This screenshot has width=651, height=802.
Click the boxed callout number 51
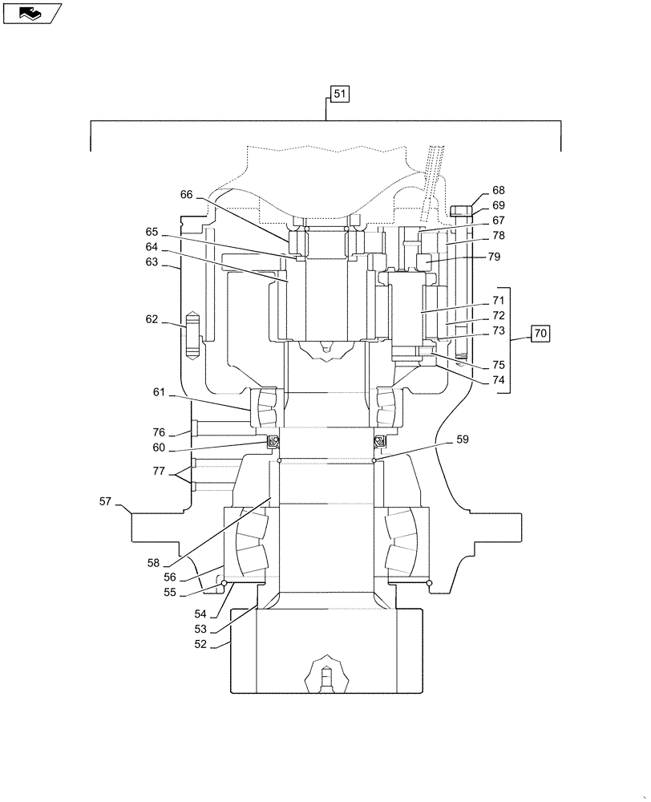click(x=339, y=95)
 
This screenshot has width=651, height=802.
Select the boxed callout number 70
click(x=540, y=332)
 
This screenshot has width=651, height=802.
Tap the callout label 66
click(x=186, y=195)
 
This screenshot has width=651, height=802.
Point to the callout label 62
click(x=152, y=319)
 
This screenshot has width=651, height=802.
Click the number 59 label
click(x=463, y=439)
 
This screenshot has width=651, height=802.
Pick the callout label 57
click(x=105, y=502)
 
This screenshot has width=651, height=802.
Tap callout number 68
click(x=499, y=191)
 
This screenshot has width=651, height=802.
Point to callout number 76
click(x=160, y=432)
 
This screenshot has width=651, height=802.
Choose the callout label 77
click(x=160, y=472)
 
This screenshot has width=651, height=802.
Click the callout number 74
click(x=499, y=380)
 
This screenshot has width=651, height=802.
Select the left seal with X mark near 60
click(x=273, y=440)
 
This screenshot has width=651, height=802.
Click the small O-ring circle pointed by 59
click(x=374, y=460)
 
